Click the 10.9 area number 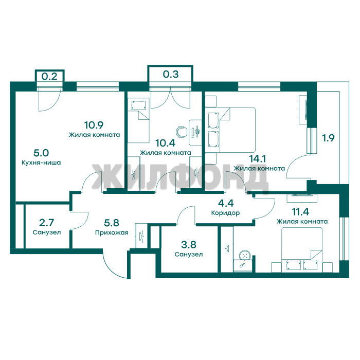[94, 125]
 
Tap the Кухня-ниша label [41, 163]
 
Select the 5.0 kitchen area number [41, 153]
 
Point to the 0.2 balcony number [49, 76]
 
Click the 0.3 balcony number [171, 74]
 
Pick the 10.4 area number [165, 143]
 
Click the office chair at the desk [181, 132]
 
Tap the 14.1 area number [258, 158]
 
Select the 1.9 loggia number [328, 138]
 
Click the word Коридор [225, 213]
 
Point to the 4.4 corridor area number [226, 203]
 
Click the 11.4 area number [300, 212]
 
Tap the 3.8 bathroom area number [189, 244]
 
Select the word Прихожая [112, 233]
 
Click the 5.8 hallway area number [112, 223]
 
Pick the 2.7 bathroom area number [47, 223]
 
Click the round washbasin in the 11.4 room [244, 256]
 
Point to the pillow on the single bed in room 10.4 [138, 105]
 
